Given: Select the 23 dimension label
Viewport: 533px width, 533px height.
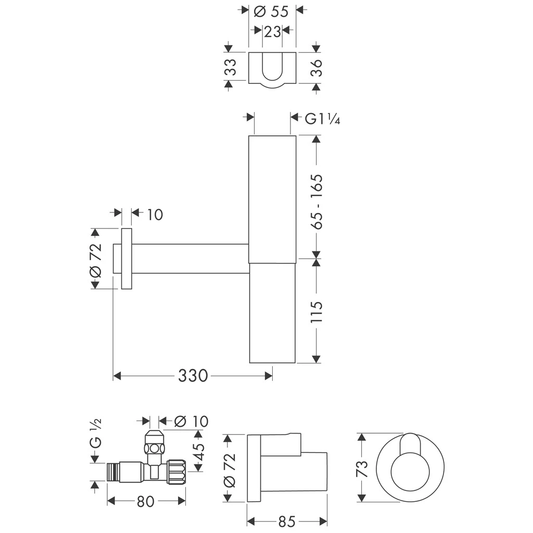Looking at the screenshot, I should (272, 32).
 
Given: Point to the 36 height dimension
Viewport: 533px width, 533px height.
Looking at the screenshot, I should (316, 68).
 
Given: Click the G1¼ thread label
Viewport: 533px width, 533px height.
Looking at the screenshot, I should (322, 119).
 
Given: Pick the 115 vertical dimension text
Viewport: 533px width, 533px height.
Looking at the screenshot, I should (316, 312).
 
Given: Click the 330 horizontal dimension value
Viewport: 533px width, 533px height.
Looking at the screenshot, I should (193, 375).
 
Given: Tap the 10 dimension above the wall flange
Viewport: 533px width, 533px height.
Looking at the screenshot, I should (155, 213).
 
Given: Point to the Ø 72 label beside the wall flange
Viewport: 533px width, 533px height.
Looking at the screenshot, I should (95, 258).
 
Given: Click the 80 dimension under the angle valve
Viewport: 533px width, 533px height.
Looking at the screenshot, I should (146, 501).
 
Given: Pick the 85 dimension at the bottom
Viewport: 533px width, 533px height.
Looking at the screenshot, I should (286, 521).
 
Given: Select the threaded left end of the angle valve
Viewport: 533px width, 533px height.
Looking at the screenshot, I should (112, 472).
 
